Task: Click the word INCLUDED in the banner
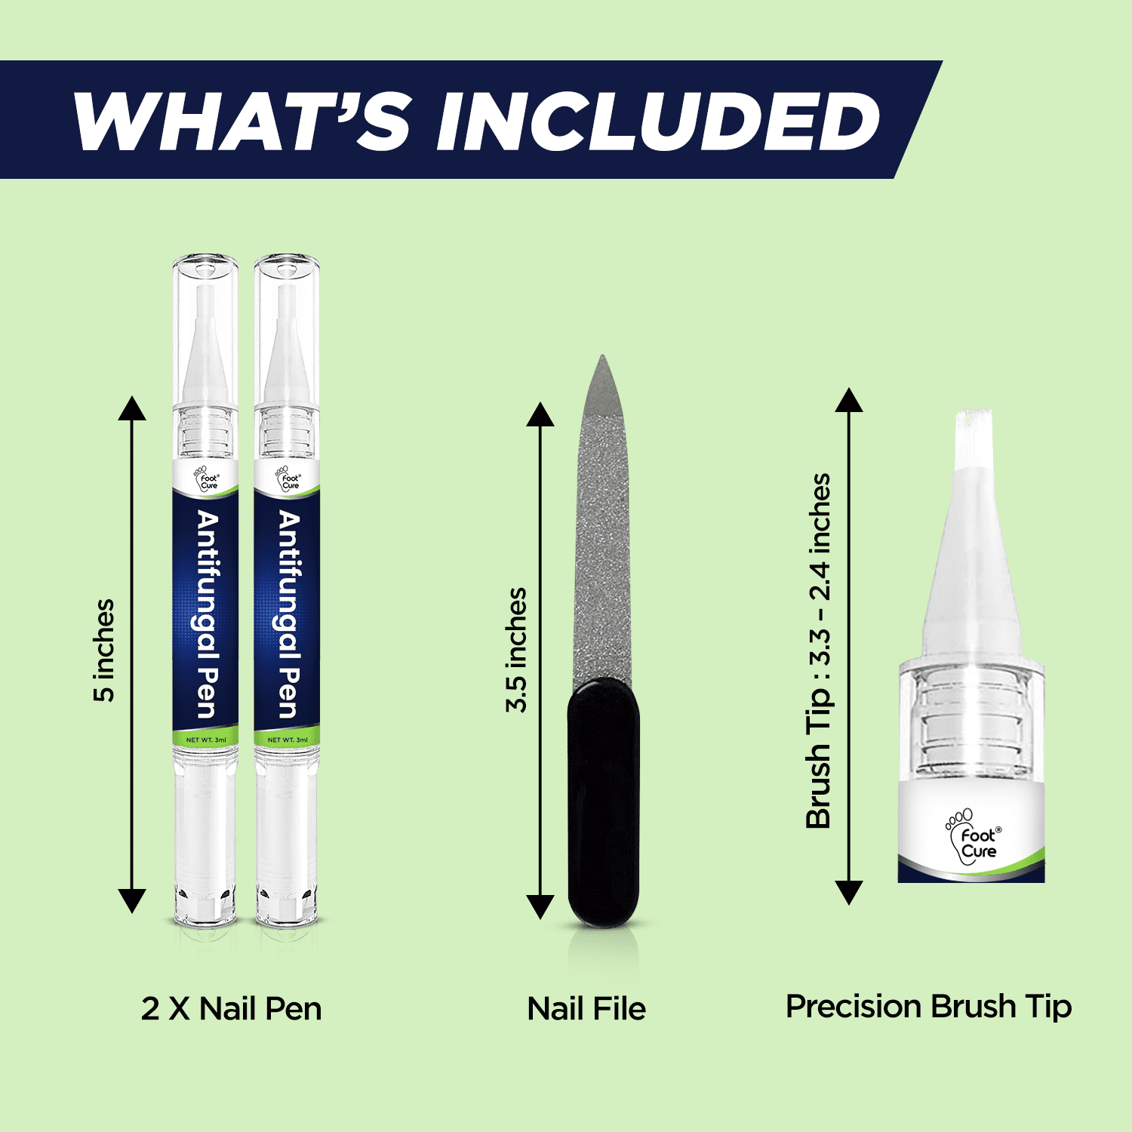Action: [x=658, y=121]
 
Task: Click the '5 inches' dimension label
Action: [x=104, y=651]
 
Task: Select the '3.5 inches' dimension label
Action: [x=516, y=650]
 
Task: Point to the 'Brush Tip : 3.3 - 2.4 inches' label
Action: [x=818, y=651]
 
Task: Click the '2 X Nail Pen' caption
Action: [x=232, y=1009]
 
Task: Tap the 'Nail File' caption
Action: [x=586, y=1009]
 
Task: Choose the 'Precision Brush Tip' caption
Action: [x=929, y=1007]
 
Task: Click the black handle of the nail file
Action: [x=604, y=801]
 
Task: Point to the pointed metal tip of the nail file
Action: [x=601, y=357]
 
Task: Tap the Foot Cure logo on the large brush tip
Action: [x=974, y=836]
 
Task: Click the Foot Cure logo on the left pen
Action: [x=206, y=478]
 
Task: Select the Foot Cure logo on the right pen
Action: [x=288, y=478]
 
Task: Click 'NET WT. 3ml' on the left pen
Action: [x=206, y=740]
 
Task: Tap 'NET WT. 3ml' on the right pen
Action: [x=288, y=740]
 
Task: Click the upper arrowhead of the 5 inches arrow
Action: [x=132, y=408]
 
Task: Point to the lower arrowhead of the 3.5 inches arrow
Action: [x=540, y=907]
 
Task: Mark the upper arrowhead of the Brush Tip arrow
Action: [x=849, y=400]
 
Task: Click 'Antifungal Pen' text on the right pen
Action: [x=289, y=614]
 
